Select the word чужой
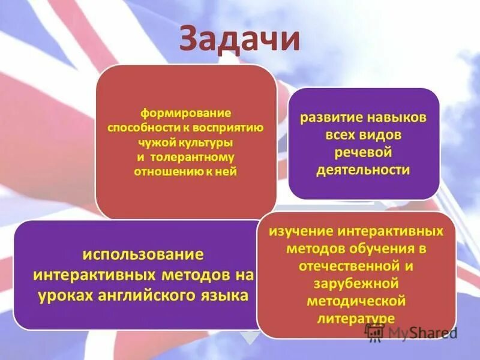(155, 143)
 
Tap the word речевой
(364, 152)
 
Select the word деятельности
(364, 170)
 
